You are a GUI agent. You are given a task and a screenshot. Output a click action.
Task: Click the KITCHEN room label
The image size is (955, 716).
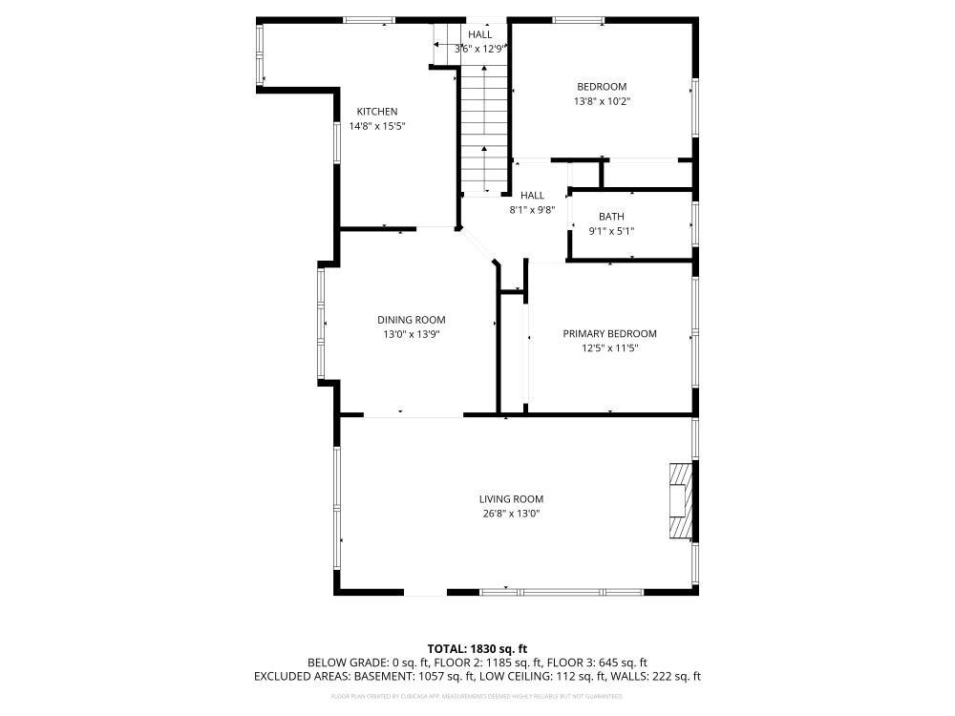coord(377,112)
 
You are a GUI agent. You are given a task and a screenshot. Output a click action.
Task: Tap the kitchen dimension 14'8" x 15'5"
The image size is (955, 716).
coord(377,126)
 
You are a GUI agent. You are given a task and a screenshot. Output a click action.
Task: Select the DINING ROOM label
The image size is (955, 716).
coord(411,320)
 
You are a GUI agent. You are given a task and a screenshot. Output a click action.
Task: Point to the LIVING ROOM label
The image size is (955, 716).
coord(511,499)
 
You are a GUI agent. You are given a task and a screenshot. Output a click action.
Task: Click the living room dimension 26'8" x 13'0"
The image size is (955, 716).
coord(511,514)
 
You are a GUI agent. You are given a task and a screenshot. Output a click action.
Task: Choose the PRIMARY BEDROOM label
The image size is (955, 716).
coord(609,334)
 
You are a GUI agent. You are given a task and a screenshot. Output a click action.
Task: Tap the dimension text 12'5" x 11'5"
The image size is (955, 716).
coord(609,348)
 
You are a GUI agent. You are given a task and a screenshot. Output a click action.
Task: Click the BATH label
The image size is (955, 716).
coord(611,217)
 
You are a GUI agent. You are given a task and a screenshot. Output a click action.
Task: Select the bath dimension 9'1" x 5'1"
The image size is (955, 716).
coord(611,231)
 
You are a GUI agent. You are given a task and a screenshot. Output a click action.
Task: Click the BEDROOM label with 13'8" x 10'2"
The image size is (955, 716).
coord(601,87)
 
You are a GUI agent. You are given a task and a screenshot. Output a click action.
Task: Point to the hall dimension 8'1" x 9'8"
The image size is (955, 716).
coord(532,210)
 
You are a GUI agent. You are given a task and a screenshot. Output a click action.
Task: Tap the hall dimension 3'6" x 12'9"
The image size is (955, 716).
coord(479,49)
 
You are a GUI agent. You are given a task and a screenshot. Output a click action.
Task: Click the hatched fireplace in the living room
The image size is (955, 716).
coord(680,502)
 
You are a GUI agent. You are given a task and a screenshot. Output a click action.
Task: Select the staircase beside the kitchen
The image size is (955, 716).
coord(485,129)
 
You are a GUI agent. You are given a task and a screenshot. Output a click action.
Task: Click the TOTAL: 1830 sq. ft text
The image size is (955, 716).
coord(477,648)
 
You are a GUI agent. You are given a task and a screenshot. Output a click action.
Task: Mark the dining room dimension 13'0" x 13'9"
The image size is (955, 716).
coord(411,334)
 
